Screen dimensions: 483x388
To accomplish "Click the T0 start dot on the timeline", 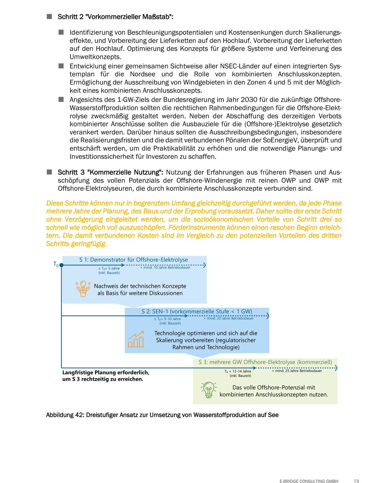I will click(x=61, y=265).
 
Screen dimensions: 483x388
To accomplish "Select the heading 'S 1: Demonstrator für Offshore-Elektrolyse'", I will click(x=134, y=260).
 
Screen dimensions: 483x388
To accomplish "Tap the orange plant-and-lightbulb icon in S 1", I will click(x=83, y=289).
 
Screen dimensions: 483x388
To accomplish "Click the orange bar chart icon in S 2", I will click(x=136, y=339).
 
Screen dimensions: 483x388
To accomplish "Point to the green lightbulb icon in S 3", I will click(x=209, y=390).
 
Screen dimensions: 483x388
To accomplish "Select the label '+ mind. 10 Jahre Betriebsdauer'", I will click(x=165, y=267).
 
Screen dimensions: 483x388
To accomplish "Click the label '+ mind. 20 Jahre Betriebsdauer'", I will click(x=229, y=318).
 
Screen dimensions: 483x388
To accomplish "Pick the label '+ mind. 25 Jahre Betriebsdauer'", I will click(x=297, y=371).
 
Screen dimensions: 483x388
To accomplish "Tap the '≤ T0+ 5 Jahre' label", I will click(x=109, y=268).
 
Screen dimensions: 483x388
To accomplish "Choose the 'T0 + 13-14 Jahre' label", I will click(x=238, y=371).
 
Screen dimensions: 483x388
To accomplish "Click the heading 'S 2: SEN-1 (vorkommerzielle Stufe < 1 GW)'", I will click(x=197, y=311).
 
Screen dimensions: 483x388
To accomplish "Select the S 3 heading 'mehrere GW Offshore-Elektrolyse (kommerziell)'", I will click(x=265, y=362).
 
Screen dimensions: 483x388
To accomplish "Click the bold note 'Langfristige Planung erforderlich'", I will click(x=106, y=372).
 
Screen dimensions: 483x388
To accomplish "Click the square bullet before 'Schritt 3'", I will click(x=49, y=172).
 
